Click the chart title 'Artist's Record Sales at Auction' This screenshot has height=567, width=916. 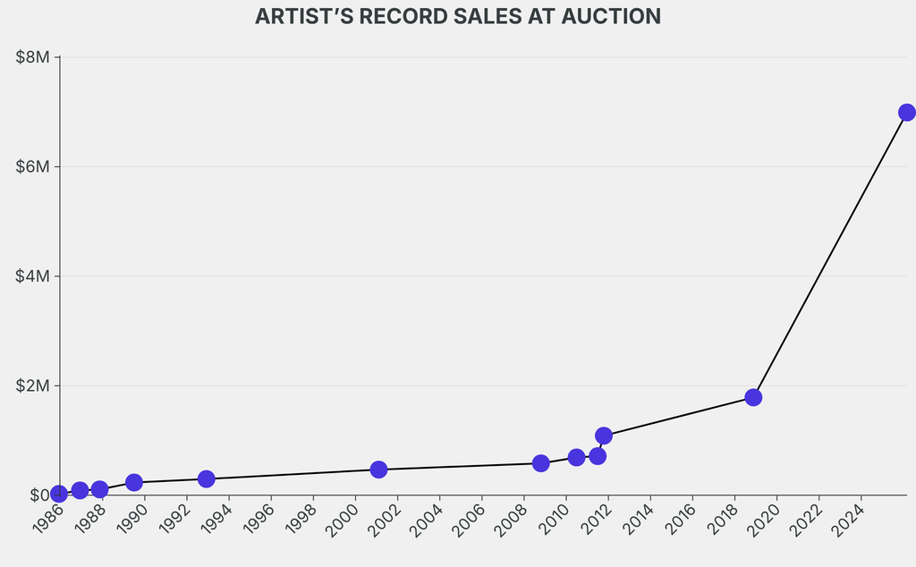[x=458, y=16]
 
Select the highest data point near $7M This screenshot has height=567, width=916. [x=906, y=112]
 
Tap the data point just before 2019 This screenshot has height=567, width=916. [x=753, y=397]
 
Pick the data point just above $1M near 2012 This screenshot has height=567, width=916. [x=604, y=436]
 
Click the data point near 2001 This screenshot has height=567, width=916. [x=378, y=470]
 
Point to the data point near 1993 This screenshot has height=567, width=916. [x=207, y=478]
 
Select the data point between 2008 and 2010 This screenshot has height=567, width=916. [x=540, y=463]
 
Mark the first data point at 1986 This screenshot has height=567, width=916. [x=59, y=494]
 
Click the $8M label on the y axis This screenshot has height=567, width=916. [x=34, y=57]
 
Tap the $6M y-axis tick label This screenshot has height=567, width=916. [x=34, y=167]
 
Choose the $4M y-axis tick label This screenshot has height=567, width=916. [x=34, y=276]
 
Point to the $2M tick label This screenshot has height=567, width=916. [x=34, y=385]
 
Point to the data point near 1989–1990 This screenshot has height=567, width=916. [x=134, y=482]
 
